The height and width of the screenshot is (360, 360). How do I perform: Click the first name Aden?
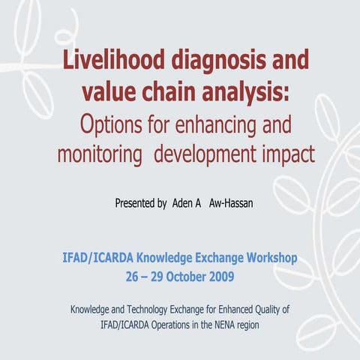click(x=184, y=203)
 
